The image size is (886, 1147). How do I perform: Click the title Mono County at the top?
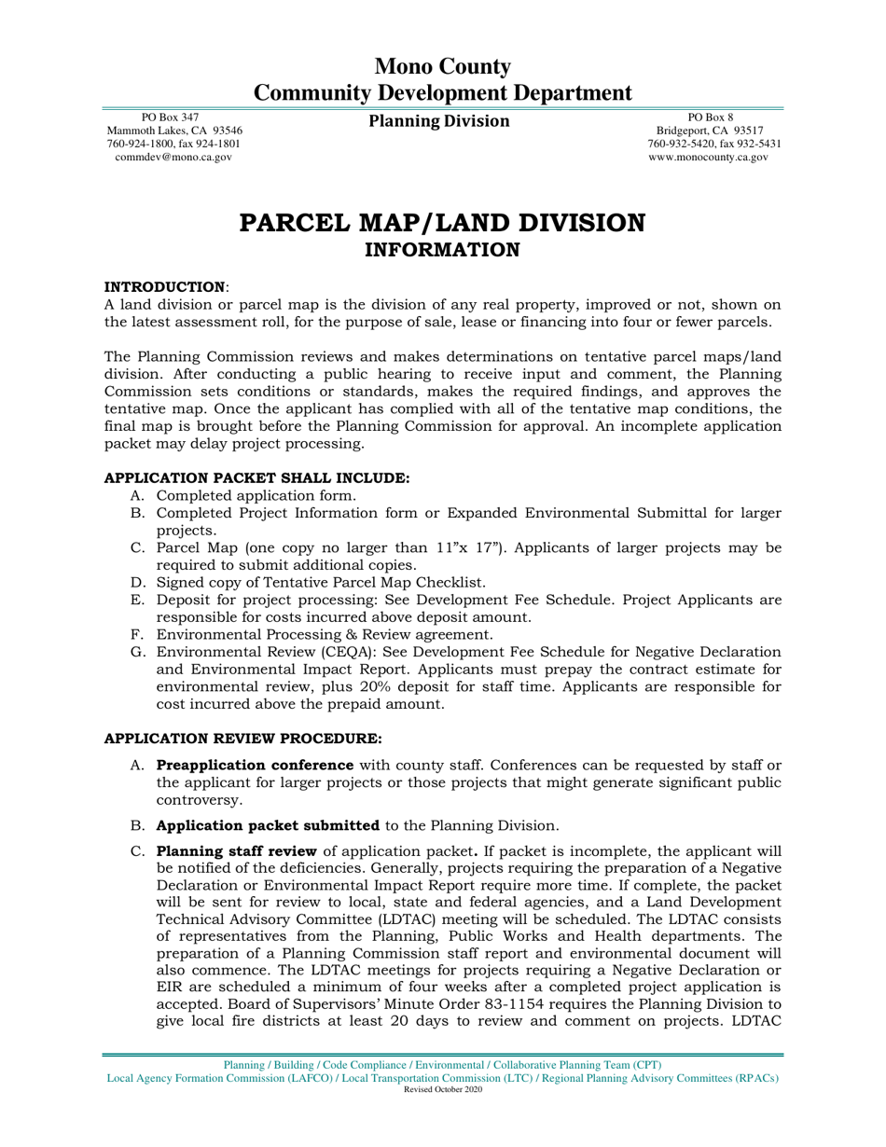(442, 66)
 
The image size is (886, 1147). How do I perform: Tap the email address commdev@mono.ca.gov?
(173, 158)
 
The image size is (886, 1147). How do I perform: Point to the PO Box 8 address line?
(710, 117)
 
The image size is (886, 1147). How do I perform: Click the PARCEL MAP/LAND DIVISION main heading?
(442, 223)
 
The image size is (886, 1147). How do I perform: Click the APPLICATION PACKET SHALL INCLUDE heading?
(256, 477)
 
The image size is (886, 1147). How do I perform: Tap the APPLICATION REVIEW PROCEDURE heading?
(242, 739)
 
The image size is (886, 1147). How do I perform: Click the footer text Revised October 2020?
(442, 1089)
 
